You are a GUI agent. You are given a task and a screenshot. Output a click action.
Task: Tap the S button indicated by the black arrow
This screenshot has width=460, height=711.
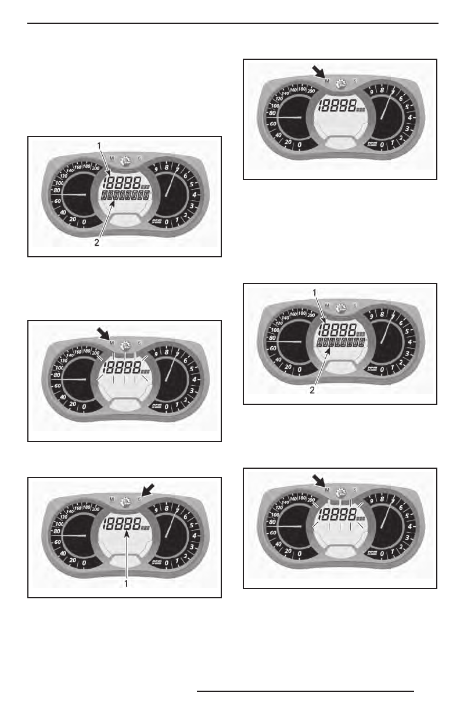coord(140,498)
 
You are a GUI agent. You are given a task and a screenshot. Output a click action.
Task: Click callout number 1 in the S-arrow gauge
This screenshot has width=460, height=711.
coord(126,583)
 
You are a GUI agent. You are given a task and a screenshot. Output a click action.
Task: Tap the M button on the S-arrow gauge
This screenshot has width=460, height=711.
coord(112,498)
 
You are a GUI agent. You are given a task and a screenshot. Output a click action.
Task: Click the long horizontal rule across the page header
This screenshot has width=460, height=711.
coord(232,24)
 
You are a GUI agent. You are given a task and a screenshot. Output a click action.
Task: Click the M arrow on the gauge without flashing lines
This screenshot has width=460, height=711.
coord(318,71)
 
